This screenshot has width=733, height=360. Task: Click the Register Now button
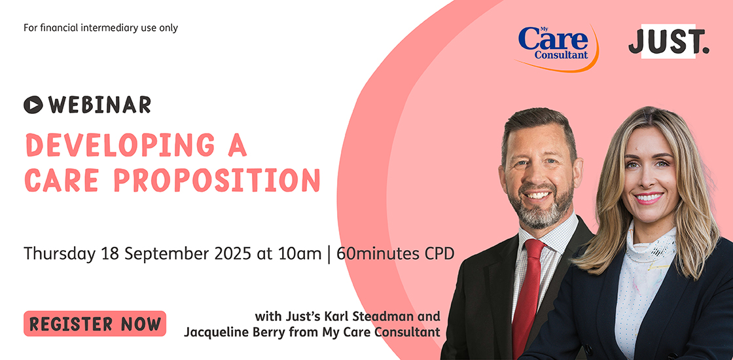(x=95, y=323)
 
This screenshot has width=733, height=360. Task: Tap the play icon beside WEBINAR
(x=33, y=104)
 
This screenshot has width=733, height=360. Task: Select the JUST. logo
(x=668, y=43)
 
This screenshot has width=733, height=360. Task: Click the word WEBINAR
(x=99, y=104)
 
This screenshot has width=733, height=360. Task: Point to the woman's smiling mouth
(x=649, y=197)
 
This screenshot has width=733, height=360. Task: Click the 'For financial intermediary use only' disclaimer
(x=101, y=28)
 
